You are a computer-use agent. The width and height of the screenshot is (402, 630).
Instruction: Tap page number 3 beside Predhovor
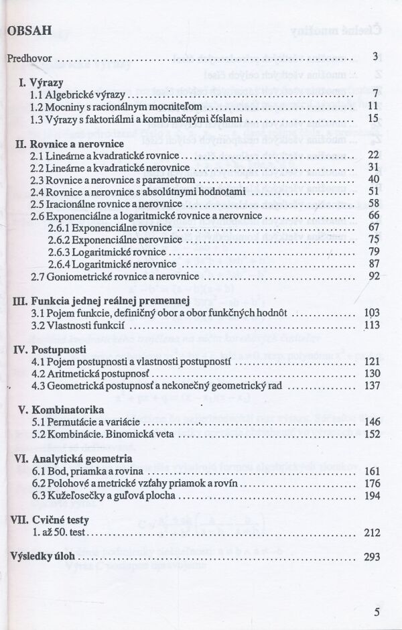[376, 57]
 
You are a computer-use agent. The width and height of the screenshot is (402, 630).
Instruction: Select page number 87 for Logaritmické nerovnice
[374, 263]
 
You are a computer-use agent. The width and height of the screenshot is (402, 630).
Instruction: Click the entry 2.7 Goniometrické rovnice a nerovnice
[115, 275]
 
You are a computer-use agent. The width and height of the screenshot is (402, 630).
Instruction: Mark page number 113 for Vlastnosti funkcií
[371, 324]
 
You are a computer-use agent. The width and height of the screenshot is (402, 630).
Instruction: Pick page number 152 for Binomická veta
[371, 434]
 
